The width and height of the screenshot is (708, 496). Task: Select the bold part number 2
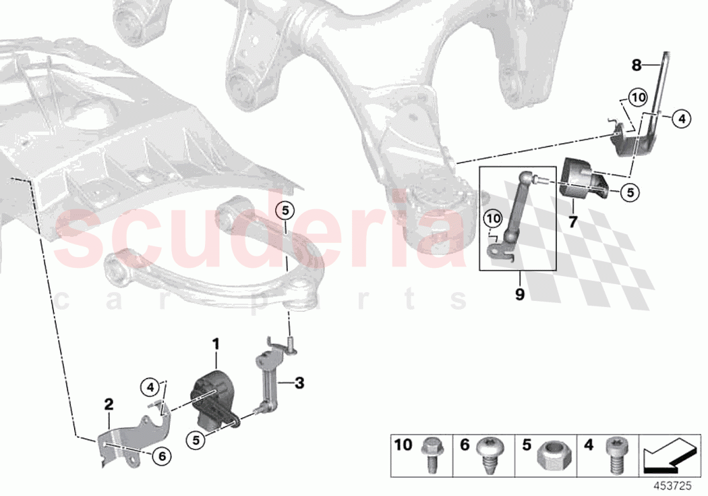point(109,404)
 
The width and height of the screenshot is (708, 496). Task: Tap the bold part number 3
point(299,383)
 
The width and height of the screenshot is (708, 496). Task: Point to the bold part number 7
point(572,221)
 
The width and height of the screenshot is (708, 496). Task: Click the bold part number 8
point(637,65)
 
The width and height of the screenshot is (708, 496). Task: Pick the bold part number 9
point(520,295)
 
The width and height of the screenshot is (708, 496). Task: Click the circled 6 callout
point(161,456)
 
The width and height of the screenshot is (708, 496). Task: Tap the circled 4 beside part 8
point(682,119)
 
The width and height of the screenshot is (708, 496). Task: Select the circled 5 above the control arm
point(285,210)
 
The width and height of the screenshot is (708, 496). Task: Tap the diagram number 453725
point(683,485)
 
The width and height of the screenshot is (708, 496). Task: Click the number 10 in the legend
point(403,445)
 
